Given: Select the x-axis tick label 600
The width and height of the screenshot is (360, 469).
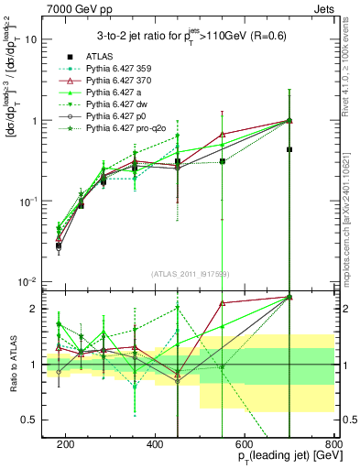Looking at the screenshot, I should pyautogui.click(x=245, y=442).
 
